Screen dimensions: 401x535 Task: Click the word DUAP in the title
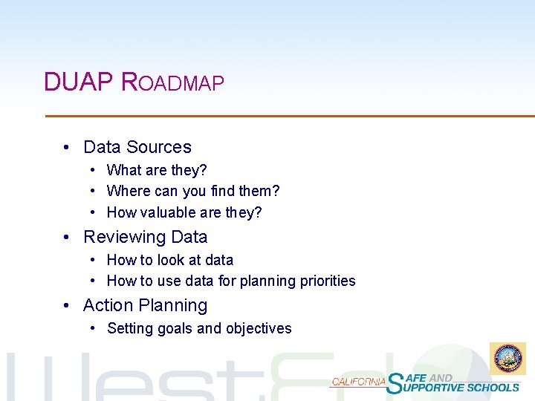[78, 82]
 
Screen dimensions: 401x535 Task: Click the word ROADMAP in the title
[172, 82]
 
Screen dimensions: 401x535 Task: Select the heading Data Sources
[137, 147]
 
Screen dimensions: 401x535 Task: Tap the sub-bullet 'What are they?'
[157, 171]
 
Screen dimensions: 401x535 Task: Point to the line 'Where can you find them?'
[193, 192]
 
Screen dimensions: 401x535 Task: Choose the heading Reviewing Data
[146, 237]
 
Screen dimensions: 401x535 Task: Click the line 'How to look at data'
[170, 260]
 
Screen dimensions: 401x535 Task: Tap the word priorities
[328, 281]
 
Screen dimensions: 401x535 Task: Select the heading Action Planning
[146, 305]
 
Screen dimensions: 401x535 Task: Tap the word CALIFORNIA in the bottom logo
[358, 382]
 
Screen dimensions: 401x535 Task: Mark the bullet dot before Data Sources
[68, 148]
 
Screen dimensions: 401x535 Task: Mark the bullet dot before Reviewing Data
[68, 238]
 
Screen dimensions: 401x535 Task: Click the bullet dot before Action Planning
[68, 306]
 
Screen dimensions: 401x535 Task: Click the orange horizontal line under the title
[290, 116]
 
